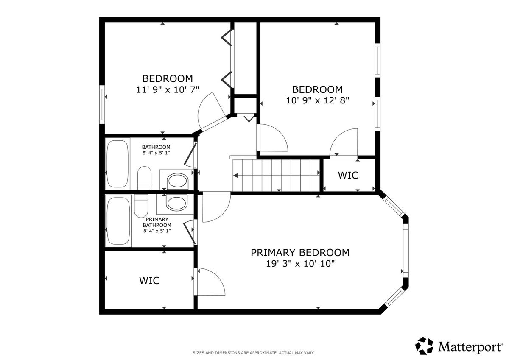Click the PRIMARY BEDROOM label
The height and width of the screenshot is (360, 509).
pos(300,253)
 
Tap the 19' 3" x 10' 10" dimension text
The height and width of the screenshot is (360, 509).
pos(300,264)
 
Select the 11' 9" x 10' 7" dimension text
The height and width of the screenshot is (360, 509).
pos(168,89)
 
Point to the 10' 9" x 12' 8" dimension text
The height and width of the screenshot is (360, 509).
pos(317,100)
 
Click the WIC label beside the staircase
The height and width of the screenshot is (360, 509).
pos(348,175)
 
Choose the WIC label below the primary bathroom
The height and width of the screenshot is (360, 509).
pos(149,281)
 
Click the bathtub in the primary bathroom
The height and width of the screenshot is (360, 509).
pos(118,221)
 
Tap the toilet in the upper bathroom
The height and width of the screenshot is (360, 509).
pos(144,178)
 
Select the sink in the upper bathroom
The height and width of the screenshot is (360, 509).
pos(177,181)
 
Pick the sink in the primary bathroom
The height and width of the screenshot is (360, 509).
pos(177,202)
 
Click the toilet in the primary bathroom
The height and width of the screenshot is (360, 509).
pos(141,206)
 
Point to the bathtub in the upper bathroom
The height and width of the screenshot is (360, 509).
pos(117,164)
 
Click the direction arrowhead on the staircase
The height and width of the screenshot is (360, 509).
pos(236,176)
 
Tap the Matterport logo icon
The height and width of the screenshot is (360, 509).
pos(424,346)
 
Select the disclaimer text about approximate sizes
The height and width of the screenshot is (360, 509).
pos(254,353)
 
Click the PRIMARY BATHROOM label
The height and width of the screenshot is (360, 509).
pos(157,225)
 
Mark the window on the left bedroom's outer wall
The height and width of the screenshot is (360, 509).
pos(102,104)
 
